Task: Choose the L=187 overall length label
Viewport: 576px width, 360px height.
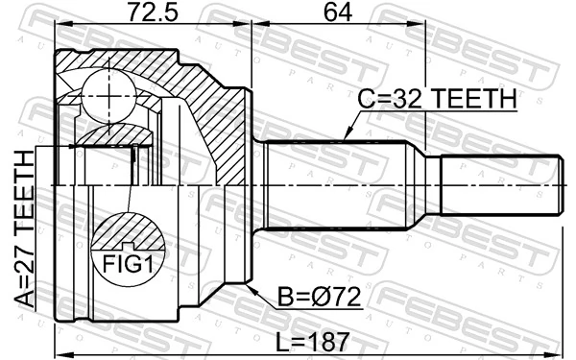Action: pyautogui.click(x=307, y=341)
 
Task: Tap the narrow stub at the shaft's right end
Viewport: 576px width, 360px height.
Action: pyautogui.click(x=499, y=184)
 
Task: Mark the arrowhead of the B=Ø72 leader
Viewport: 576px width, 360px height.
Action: pyautogui.click(x=252, y=285)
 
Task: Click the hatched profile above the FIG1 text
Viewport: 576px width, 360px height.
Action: pyautogui.click(x=129, y=231)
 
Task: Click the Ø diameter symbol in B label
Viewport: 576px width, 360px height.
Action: pyautogui.click(x=311, y=299)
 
